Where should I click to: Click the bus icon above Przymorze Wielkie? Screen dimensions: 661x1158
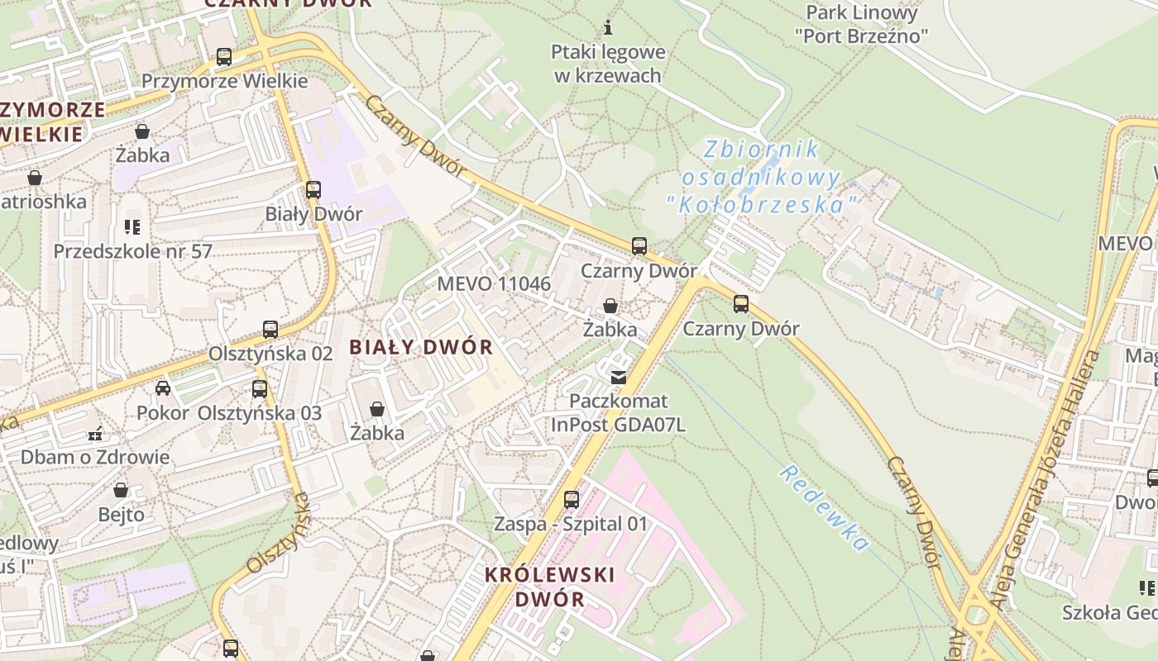[x=224, y=57]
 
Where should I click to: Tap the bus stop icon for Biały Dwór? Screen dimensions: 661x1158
[x=313, y=190]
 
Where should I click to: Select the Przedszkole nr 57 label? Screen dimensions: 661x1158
[x=133, y=251]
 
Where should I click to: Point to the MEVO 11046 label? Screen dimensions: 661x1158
[x=494, y=284]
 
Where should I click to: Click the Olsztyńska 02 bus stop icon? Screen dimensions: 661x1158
[x=270, y=330]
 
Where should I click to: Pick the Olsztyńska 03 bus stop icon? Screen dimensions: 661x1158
[x=260, y=388]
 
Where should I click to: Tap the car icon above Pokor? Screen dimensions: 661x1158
[x=163, y=388]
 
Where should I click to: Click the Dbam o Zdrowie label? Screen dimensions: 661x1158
[x=95, y=457]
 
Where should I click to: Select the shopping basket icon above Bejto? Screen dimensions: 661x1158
[x=121, y=491]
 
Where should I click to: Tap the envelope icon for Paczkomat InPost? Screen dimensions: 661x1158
[x=618, y=378]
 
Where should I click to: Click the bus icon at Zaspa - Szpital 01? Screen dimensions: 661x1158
[x=571, y=500]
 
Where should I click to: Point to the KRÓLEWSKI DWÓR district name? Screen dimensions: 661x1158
[x=550, y=587]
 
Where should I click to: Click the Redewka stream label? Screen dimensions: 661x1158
[x=824, y=507]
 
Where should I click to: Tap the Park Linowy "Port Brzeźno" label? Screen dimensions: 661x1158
[x=861, y=24]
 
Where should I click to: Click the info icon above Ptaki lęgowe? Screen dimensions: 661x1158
[x=608, y=27]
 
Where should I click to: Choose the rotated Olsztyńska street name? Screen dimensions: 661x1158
[x=278, y=533]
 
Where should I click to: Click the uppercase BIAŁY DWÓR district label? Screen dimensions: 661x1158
[x=421, y=347]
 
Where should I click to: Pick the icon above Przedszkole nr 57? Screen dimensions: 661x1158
[x=132, y=226]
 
